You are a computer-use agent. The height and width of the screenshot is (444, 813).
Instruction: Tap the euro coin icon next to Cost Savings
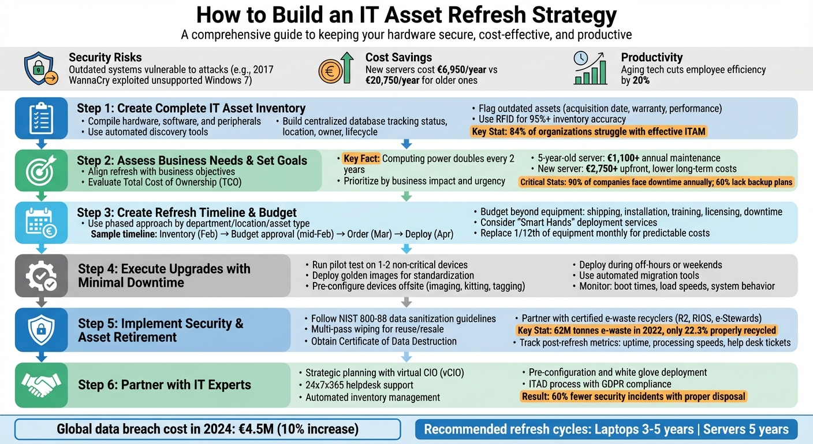[331, 70]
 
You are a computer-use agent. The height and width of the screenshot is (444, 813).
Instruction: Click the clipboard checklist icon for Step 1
[40, 119]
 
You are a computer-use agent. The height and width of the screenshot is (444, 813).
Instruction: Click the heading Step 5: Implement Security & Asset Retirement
[161, 330]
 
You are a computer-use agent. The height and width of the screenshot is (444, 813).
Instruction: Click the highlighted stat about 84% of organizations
[588, 131]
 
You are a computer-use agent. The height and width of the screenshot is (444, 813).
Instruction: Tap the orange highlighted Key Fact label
[361, 158]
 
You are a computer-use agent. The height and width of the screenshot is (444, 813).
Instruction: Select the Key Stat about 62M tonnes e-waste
[646, 331]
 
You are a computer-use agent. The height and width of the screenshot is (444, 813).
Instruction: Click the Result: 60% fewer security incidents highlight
[633, 397]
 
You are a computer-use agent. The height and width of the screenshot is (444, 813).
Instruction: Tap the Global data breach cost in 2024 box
[207, 430]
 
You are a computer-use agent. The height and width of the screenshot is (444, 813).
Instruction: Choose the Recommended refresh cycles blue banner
[606, 430]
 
